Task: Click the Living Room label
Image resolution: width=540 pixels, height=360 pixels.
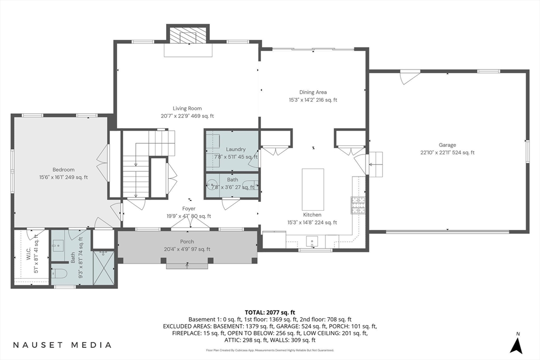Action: tap(187, 109)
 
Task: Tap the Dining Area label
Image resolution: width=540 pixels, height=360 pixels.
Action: tap(313, 92)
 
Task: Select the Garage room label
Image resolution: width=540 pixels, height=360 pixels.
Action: tap(447, 145)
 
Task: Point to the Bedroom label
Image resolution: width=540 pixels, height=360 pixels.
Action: tap(63, 170)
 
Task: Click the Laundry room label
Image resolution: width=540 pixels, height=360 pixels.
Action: tap(236, 149)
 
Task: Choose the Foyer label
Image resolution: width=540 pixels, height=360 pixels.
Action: tap(189, 209)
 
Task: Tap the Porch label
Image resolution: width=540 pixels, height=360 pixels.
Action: tap(187, 241)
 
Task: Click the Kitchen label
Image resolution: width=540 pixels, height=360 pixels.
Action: tap(312, 215)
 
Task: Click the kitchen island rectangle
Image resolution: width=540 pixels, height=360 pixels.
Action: tap(313, 190)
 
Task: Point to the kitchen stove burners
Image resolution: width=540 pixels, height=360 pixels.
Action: tap(358, 205)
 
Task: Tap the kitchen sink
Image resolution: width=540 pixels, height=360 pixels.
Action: tap(312, 241)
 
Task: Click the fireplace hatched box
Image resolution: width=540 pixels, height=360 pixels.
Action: tap(188, 34)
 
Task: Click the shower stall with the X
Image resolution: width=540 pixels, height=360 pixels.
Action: tap(103, 268)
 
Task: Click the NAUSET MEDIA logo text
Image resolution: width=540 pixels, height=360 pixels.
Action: tap(62, 345)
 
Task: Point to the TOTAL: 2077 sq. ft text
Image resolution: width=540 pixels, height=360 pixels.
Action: tap(270, 313)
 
